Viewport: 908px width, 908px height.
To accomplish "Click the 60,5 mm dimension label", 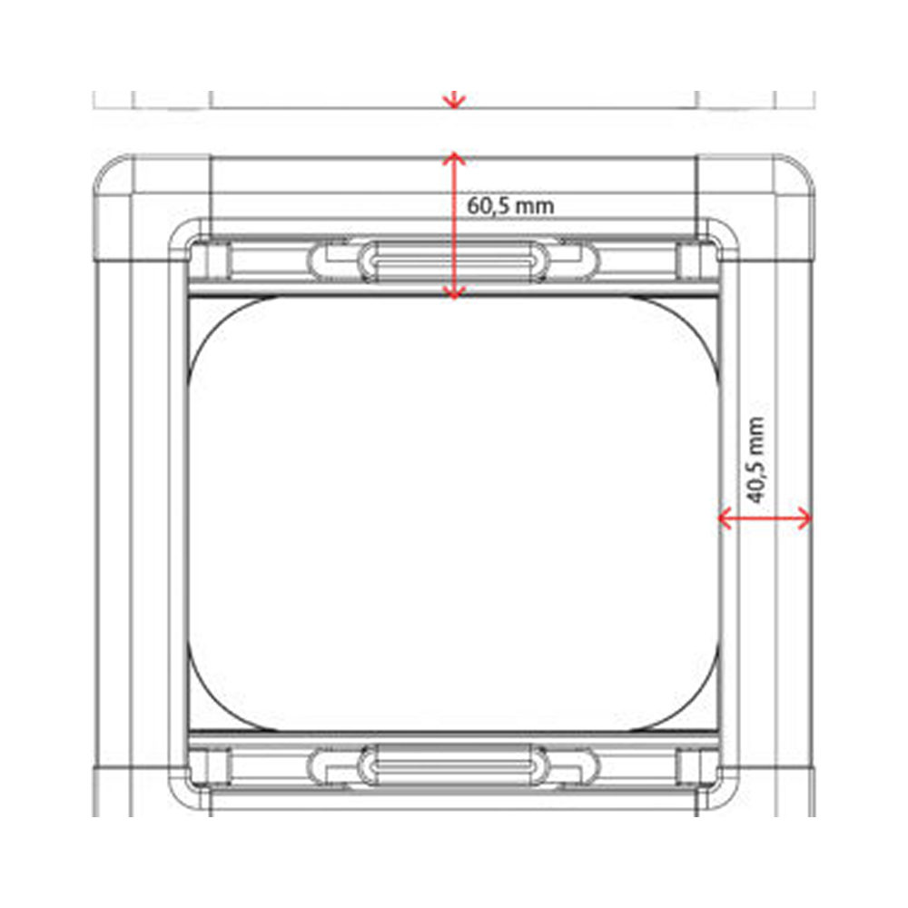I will (510, 205).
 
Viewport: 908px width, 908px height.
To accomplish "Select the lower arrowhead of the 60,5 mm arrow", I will (453, 292).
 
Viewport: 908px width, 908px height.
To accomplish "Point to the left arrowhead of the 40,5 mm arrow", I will (725, 518).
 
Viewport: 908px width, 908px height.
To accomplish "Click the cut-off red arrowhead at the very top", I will (453, 98).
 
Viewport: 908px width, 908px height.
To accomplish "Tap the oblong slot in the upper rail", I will (453, 261).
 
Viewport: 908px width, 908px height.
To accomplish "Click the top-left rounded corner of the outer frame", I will (109, 173).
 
